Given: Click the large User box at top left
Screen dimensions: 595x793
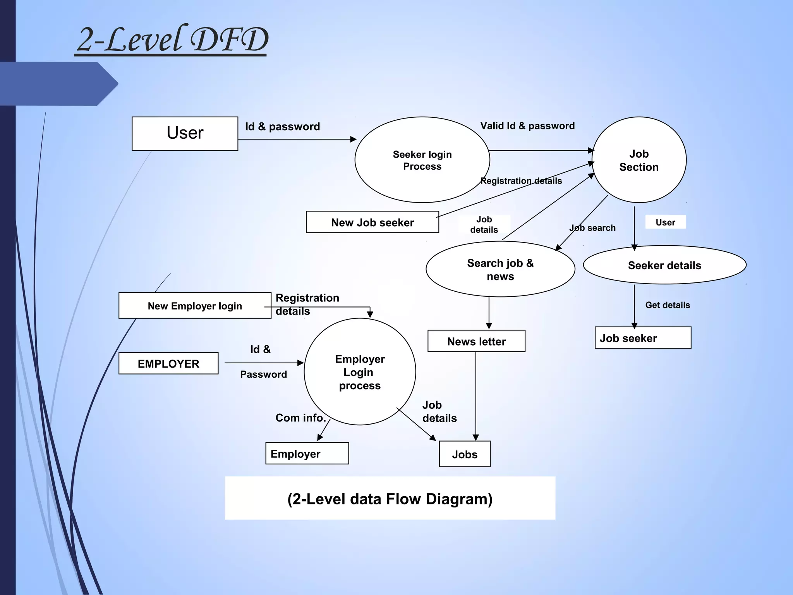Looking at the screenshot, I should click(185, 133).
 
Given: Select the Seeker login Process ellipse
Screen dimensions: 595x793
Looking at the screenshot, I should click(422, 160).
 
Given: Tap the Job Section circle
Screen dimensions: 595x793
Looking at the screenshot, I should click(639, 160).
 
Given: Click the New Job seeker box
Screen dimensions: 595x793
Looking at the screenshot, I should click(372, 222).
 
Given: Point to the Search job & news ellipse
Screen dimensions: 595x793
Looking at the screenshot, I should click(500, 269).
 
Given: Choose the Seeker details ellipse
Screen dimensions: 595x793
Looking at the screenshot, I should click(664, 265).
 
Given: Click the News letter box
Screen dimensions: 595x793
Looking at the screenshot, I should click(476, 341).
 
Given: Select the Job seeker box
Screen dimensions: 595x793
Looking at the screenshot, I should click(643, 338).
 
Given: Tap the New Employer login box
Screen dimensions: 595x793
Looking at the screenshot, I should click(195, 306).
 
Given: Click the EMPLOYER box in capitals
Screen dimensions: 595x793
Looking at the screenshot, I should click(168, 363).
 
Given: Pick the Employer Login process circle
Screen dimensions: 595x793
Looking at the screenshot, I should click(360, 372).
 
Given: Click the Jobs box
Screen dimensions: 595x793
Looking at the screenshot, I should click(465, 454).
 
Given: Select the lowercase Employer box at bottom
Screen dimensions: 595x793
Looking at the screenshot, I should click(307, 453).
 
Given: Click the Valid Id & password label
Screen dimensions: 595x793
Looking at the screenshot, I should click(527, 126).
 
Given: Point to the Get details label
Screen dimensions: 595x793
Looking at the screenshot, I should click(668, 305).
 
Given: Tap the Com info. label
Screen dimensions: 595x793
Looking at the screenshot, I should click(300, 418).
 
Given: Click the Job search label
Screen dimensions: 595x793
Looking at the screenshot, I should click(592, 228).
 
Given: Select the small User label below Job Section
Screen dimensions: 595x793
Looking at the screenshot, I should click(665, 222).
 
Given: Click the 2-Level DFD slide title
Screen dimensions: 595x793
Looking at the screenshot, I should click(172, 40).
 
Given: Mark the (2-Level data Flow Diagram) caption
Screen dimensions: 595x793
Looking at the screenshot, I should click(390, 499).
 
